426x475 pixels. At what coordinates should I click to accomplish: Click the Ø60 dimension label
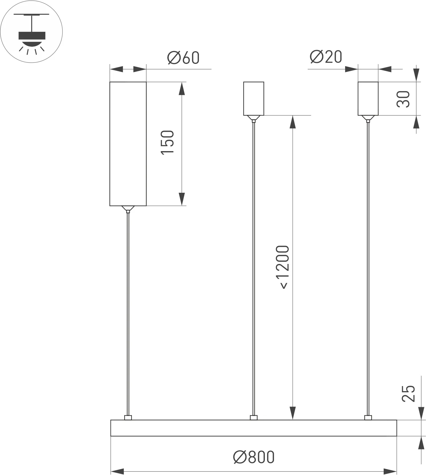point(183,58)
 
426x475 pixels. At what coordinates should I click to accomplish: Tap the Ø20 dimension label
point(326,57)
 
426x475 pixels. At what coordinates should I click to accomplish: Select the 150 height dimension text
point(167,142)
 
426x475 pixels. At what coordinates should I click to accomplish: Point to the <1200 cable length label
point(282,267)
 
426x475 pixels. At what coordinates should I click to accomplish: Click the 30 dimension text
point(403,99)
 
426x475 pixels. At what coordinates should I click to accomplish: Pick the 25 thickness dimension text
point(409,393)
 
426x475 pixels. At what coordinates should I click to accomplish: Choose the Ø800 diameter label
point(254,457)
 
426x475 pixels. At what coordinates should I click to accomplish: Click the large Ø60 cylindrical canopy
point(128,144)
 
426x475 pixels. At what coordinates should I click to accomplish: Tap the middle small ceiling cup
point(254,98)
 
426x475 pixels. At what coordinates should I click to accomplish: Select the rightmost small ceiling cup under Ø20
point(368,98)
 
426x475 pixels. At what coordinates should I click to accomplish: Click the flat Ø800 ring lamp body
point(254,428)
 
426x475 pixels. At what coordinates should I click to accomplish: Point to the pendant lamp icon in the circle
point(32,32)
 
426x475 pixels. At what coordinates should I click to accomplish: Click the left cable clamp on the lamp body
point(128,418)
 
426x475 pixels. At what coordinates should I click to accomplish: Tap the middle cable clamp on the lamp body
point(254,418)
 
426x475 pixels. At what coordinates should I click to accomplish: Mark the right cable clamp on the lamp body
point(368,418)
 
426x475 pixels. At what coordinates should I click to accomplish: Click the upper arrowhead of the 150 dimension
point(182,88)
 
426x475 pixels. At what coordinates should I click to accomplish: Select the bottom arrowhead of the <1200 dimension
point(293,413)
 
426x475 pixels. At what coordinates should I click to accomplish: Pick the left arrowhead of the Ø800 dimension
point(117,471)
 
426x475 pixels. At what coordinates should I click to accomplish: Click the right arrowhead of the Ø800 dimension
point(390,471)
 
